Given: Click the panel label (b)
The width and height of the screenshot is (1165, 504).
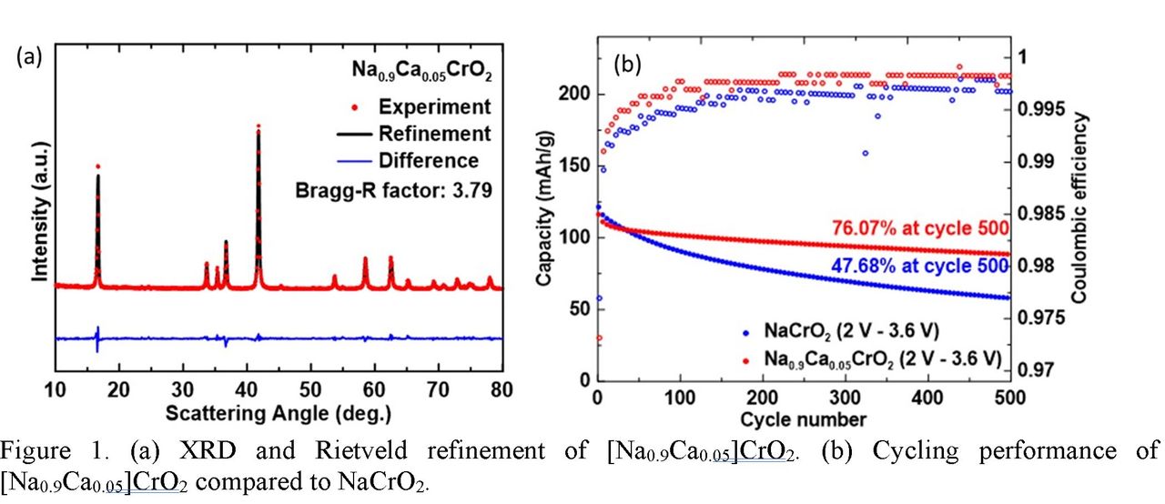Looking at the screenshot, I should click(629, 64).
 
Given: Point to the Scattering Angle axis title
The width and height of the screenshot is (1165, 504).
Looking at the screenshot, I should click(279, 413).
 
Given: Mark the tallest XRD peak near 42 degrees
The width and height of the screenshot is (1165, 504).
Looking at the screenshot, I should click(258, 127).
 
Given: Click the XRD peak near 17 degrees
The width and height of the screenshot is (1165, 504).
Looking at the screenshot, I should click(97, 167).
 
